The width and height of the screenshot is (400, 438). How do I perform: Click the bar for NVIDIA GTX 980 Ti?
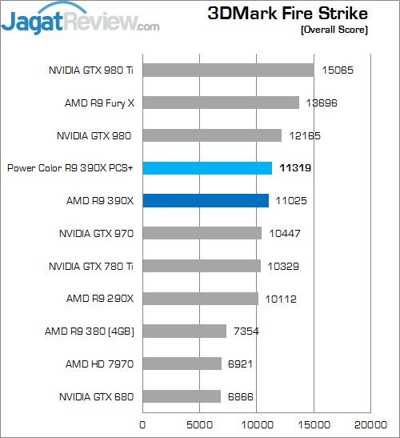[x=228, y=70]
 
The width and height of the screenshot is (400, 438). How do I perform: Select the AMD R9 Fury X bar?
[x=221, y=102]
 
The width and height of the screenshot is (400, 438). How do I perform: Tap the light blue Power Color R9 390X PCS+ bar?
[x=207, y=167]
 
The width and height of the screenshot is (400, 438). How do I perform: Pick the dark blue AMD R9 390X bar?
[x=206, y=200]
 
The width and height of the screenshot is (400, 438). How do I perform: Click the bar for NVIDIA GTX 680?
[x=182, y=396]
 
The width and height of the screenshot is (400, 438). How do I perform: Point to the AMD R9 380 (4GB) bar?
[x=184, y=331]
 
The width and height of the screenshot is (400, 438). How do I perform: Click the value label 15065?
[x=336, y=70]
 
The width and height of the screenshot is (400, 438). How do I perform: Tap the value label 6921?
[x=244, y=364]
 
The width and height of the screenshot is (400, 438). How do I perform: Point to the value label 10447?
[x=284, y=233]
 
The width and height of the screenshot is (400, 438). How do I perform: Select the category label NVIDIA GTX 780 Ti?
[x=90, y=266]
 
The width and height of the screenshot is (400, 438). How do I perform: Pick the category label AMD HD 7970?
[x=99, y=364]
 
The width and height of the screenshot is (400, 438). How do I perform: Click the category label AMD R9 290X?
[x=99, y=299]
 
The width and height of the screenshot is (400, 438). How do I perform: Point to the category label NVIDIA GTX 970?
[x=95, y=233]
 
